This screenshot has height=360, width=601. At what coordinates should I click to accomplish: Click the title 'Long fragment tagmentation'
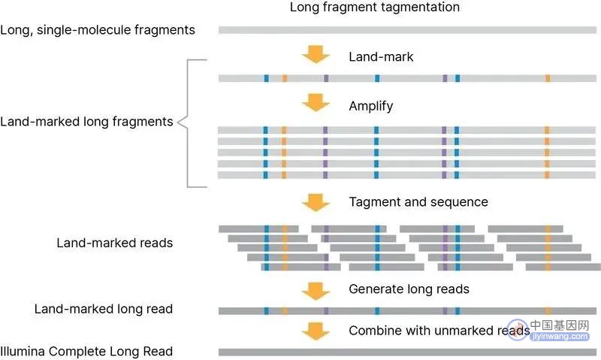coord(374,8)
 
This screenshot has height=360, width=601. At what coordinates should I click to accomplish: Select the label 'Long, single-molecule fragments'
coord(98,30)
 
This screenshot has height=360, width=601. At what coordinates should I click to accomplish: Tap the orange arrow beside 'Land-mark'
coord(316,54)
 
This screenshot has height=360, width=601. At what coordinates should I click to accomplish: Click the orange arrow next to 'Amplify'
coord(316,103)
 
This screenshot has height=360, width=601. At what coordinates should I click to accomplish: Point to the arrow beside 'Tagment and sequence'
coord(316,202)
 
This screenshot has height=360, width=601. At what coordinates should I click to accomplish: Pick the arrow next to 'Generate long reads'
coord(316,292)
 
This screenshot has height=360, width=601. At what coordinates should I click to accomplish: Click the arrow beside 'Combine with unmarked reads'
coord(316,331)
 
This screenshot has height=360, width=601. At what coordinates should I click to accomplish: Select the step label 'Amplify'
coord(370,106)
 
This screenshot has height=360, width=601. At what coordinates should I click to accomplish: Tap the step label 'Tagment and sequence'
coord(418,202)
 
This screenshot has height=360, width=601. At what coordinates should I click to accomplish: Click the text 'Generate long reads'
coord(409,289)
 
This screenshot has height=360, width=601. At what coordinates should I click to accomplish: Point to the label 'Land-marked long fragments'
coord(86,122)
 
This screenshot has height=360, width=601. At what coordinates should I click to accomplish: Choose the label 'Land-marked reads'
coord(115,243)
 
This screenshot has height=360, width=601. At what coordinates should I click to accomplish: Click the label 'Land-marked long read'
coord(104,309)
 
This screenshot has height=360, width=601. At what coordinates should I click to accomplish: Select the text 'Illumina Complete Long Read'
coord(86,352)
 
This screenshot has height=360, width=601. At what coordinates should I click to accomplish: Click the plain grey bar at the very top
coord(407,30)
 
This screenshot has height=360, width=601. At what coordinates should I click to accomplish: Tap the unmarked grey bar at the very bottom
coord(407,352)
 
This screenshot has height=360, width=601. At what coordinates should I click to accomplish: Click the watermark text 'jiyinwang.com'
coord(560,336)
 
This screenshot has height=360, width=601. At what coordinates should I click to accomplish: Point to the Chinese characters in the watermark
coord(560,325)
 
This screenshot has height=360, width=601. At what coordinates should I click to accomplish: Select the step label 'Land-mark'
coord(381,56)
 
